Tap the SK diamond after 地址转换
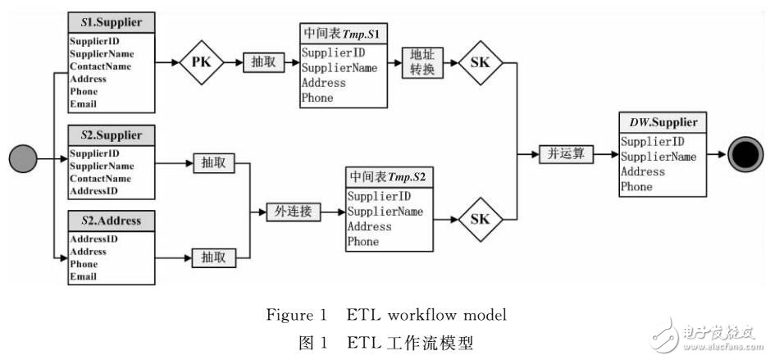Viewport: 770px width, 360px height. pyautogui.click(x=481, y=62)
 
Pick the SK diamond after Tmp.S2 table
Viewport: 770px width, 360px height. pyautogui.click(x=481, y=219)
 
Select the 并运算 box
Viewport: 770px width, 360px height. pyautogui.click(x=563, y=153)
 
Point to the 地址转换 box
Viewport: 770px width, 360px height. pyautogui.click(x=421, y=62)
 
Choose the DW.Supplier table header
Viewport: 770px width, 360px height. pyautogui.click(x=663, y=122)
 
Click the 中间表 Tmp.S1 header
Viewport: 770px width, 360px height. pyautogui.click(x=344, y=35)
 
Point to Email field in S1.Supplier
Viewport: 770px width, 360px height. pyautogui.click(x=83, y=104)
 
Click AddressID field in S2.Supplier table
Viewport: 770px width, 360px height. pyautogui.click(x=93, y=190)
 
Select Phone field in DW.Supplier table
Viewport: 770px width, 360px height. pyautogui.click(x=636, y=187)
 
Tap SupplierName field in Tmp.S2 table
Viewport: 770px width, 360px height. pyautogui.click(x=385, y=212)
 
